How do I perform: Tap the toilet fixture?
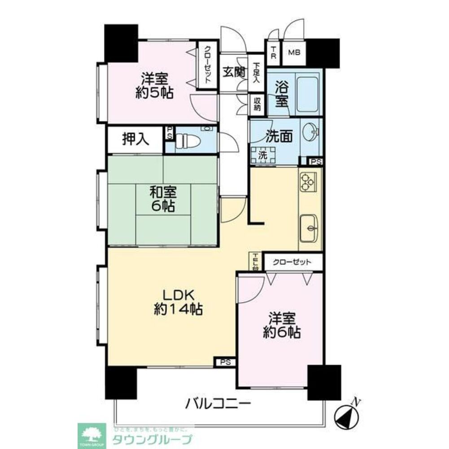point(185,141)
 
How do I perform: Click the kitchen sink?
point(309,227)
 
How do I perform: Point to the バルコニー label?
point(218,403)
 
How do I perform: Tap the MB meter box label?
point(294,53)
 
